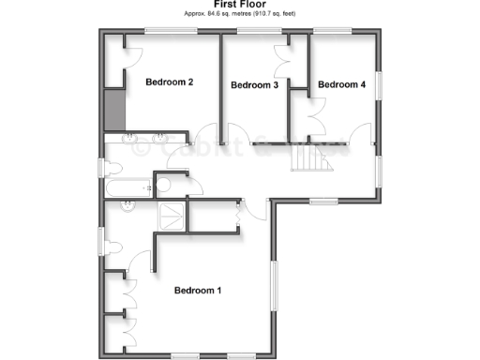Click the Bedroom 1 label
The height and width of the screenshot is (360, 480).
pyautogui.click(x=198, y=291)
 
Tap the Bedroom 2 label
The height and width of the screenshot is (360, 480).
pyautogui.click(x=169, y=82)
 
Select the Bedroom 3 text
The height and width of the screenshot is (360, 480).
pyautogui.click(x=254, y=85)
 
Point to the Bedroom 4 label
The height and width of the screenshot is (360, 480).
pyautogui.click(x=341, y=85)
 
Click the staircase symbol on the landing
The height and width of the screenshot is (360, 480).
pyautogui.click(x=310, y=160)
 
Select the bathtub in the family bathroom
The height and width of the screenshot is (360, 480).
pyautogui.click(x=127, y=187)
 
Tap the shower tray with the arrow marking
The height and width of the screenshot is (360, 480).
pyautogui.click(x=171, y=215)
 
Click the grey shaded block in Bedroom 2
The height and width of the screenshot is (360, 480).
pyautogui.click(x=115, y=111)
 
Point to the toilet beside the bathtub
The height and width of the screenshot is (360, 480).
pyautogui.click(x=112, y=169)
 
